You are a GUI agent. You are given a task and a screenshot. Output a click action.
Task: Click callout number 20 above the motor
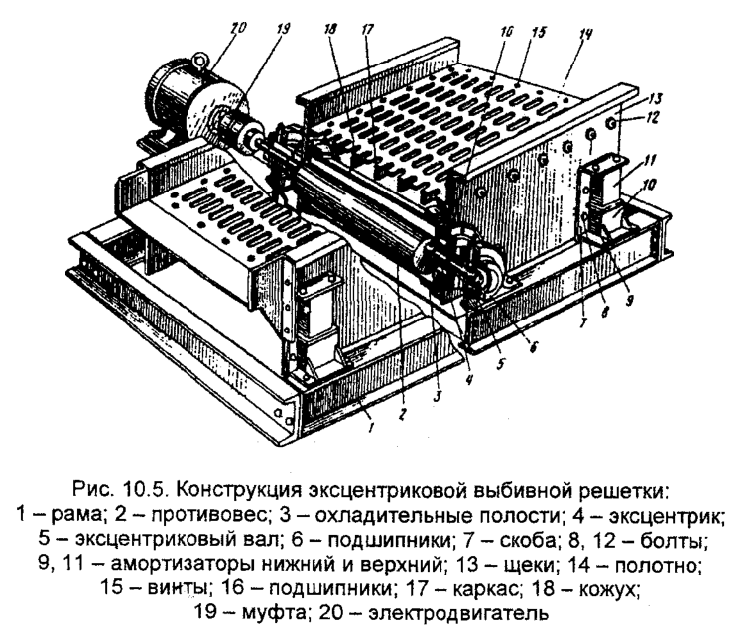pyautogui.click(x=235, y=30)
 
